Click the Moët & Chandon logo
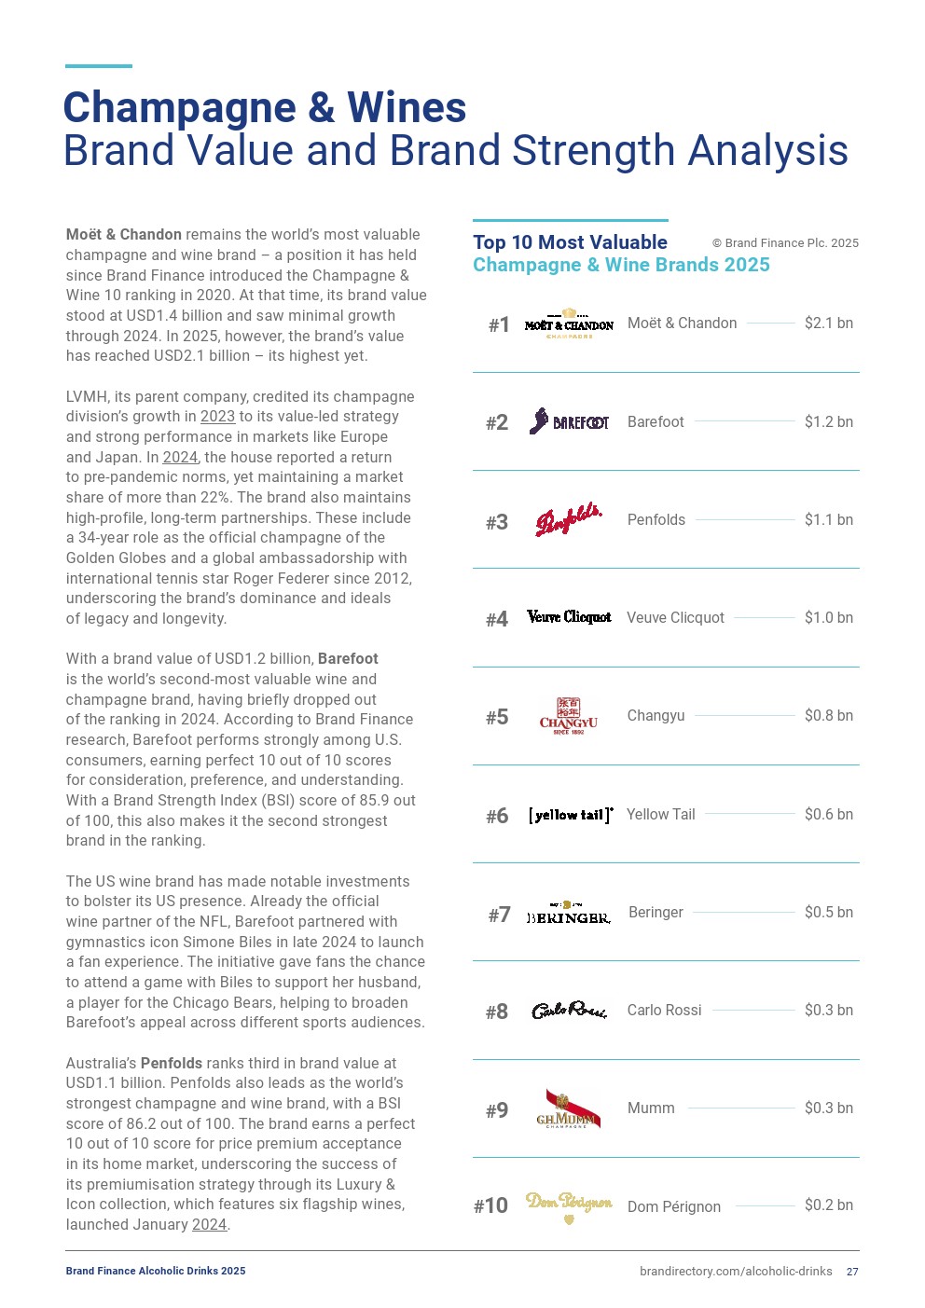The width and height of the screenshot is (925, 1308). pyautogui.click(x=569, y=324)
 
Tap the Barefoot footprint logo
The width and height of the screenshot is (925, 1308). pyautogui.click(x=569, y=422)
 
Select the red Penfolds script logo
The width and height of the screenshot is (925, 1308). pyautogui.click(x=569, y=520)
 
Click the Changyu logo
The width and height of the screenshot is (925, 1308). pyautogui.click(x=569, y=716)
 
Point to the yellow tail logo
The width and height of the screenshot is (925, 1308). pyautogui.click(x=570, y=815)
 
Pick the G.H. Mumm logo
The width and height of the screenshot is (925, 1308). pyautogui.click(x=569, y=1109)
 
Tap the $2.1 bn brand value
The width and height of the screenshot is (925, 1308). pyautogui.click(x=828, y=324)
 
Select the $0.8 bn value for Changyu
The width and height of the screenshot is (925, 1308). pyautogui.click(x=828, y=716)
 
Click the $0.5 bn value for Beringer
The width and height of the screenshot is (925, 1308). pyautogui.click(x=828, y=913)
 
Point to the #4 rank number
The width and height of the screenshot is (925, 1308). pyautogui.click(x=497, y=619)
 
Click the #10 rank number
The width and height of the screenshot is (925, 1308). pyautogui.click(x=490, y=1206)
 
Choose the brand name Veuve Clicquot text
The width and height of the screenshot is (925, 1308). pyautogui.click(x=675, y=618)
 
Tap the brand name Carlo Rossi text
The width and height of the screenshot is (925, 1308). pyautogui.click(x=664, y=1011)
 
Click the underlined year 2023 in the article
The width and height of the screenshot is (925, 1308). pyautogui.click(x=217, y=417)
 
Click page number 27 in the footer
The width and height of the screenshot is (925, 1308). pyautogui.click(x=852, y=1272)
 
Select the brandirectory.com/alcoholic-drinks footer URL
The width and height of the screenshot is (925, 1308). pyautogui.click(x=736, y=1272)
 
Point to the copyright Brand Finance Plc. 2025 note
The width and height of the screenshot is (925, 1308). pyautogui.click(x=785, y=243)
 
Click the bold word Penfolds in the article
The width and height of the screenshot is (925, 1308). pyautogui.click(x=172, y=1064)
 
